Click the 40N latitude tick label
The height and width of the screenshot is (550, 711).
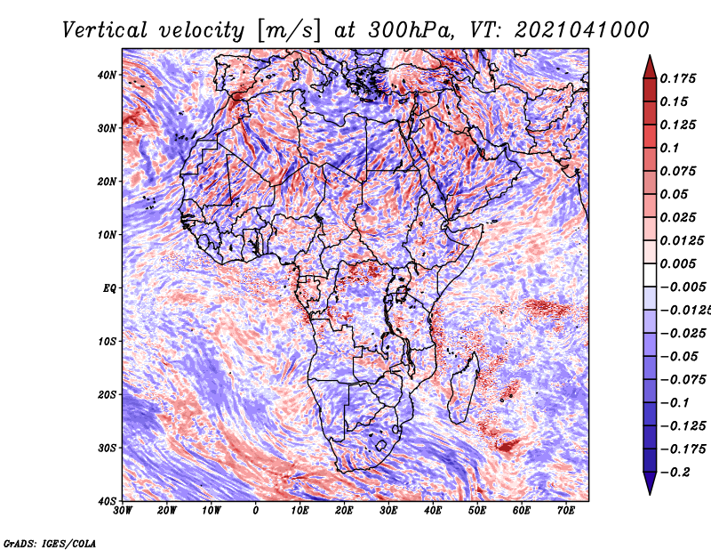point(107,75)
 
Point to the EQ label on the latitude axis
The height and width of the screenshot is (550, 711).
point(108,288)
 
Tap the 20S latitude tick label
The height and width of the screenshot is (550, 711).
point(107,394)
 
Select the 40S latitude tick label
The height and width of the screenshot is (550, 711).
point(107,501)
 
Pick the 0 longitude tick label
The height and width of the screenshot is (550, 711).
point(256,511)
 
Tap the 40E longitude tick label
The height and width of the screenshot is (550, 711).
point(433,511)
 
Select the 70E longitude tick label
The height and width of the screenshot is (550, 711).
point(566,511)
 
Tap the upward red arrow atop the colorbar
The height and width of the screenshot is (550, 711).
point(650,63)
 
